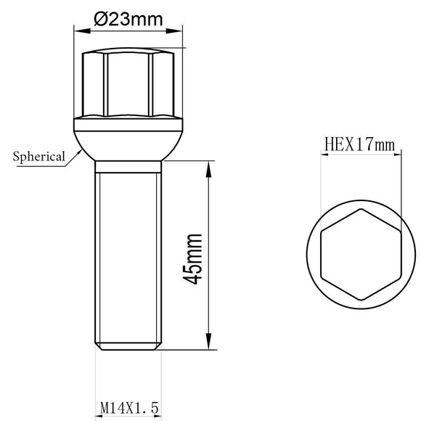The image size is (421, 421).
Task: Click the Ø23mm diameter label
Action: click(x=128, y=19)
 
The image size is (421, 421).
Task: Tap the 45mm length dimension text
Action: click(x=192, y=259)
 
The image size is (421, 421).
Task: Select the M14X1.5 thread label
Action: click(x=129, y=408)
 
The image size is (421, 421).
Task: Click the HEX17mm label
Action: click(x=360, y=144)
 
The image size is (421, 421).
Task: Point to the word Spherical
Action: click(x=39, y=156)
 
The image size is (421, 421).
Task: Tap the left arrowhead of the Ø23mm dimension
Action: click(x=81, y=31)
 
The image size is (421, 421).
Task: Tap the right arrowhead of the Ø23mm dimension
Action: click(x=174, y=31)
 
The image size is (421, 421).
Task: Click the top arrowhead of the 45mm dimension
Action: click(x=208, y=169)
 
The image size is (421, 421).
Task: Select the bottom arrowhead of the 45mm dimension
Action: click(x=208, y=341)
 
